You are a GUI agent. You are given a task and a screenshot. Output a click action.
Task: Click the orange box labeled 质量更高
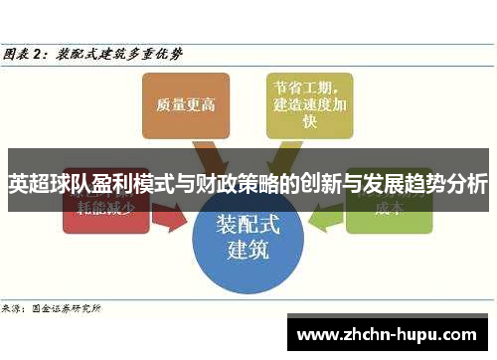point(179,104)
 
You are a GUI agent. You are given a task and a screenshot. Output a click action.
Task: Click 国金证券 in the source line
point(50,309)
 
